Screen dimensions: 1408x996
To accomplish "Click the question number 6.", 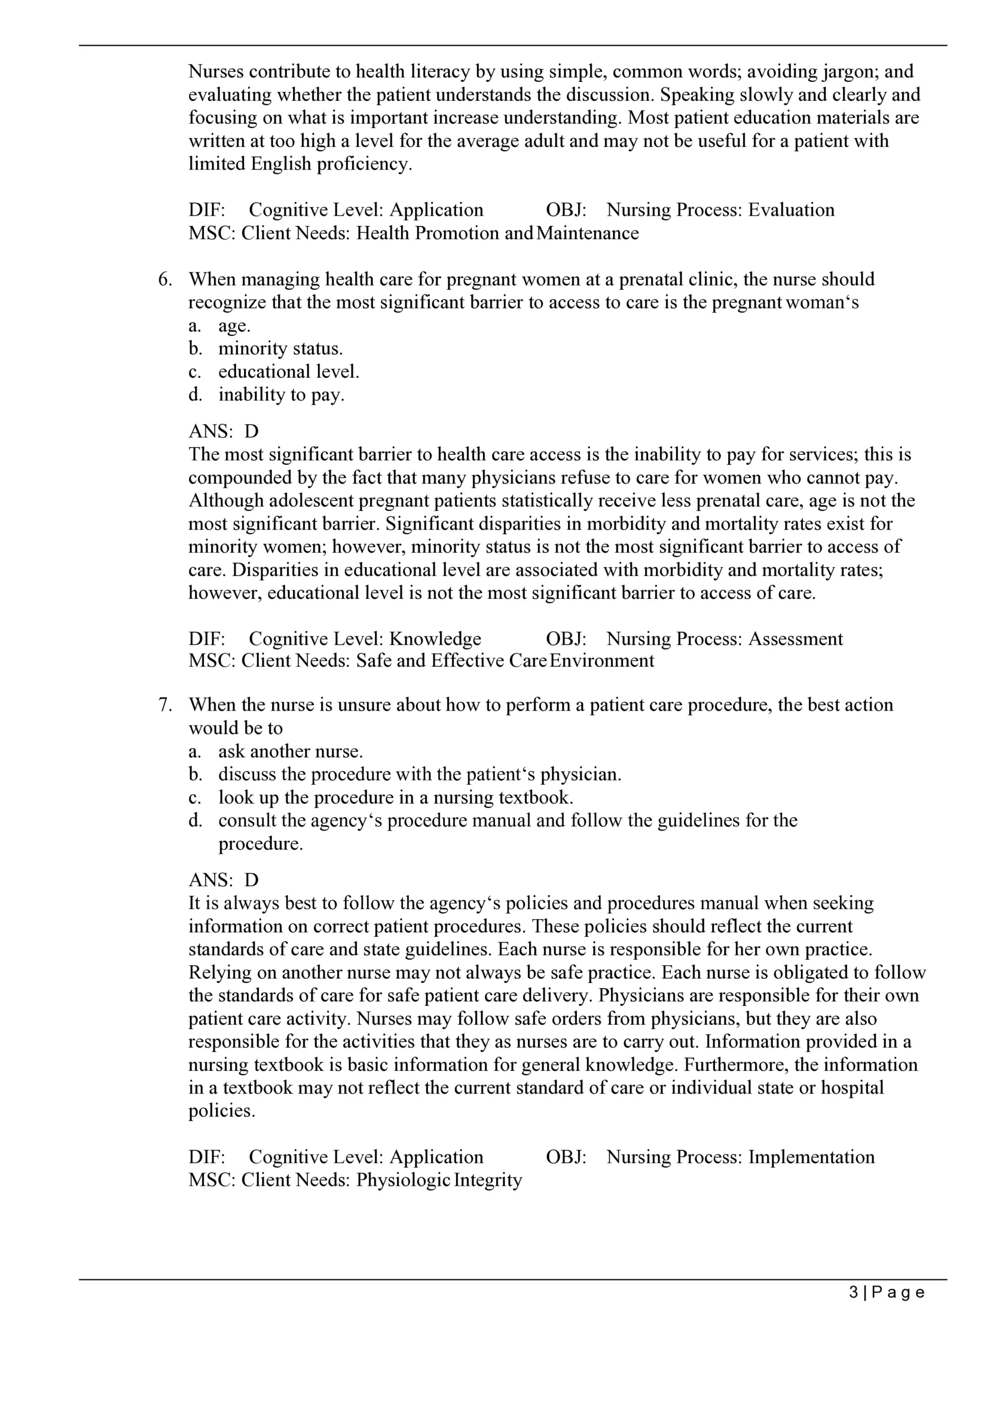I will pos(164,279).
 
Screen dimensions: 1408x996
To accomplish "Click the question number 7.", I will pos(164,705).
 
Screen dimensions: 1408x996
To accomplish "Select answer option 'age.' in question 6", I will pos(234,326).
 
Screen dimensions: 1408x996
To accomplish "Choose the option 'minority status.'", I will pos(280,349).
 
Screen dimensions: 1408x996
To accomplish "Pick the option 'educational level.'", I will pos(288,372).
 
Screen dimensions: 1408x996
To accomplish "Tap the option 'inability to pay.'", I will pos(281,395).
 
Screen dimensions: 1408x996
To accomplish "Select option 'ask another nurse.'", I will pos(290,751).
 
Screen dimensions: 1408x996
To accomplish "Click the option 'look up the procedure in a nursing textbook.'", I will pos(395,798).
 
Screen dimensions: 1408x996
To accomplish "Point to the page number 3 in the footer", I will pos(854,1292).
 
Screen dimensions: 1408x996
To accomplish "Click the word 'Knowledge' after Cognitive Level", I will pos(435,639).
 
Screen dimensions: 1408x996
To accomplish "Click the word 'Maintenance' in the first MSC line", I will pos(587,234).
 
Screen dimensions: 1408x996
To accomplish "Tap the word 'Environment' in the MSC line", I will pos(602,661).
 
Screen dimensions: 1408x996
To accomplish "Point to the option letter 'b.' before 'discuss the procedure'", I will pos(196,774).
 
